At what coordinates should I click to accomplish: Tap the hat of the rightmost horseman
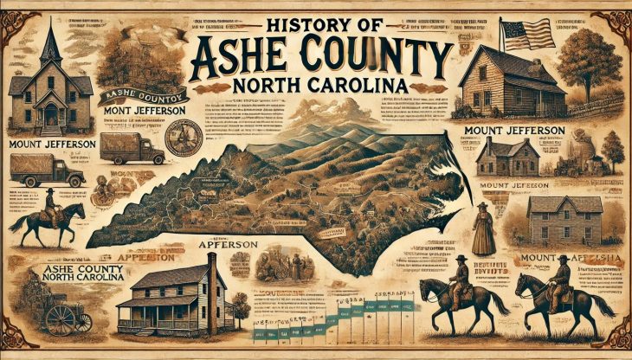point(563,259)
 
